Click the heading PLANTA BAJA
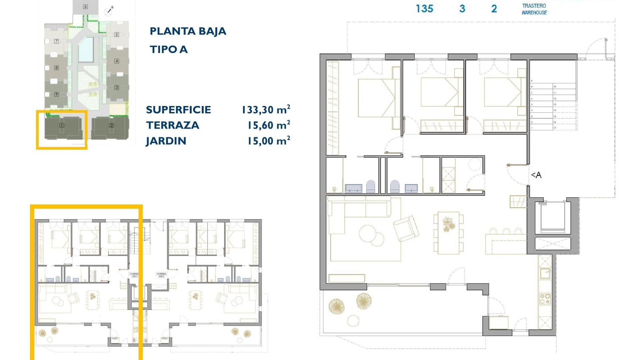[188, 31]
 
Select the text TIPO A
[169, 50]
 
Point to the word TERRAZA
[172, 125]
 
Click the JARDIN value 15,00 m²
[268, 141]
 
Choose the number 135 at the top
[424, 9]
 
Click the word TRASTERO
[534, 6]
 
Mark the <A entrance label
[536, 175]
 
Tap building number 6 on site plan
[85, 7]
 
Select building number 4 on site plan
[117, 61]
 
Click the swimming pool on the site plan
[86, 50]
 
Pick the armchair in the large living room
[406, 228]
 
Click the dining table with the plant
[448, 232]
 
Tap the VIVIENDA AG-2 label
[161, 275]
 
